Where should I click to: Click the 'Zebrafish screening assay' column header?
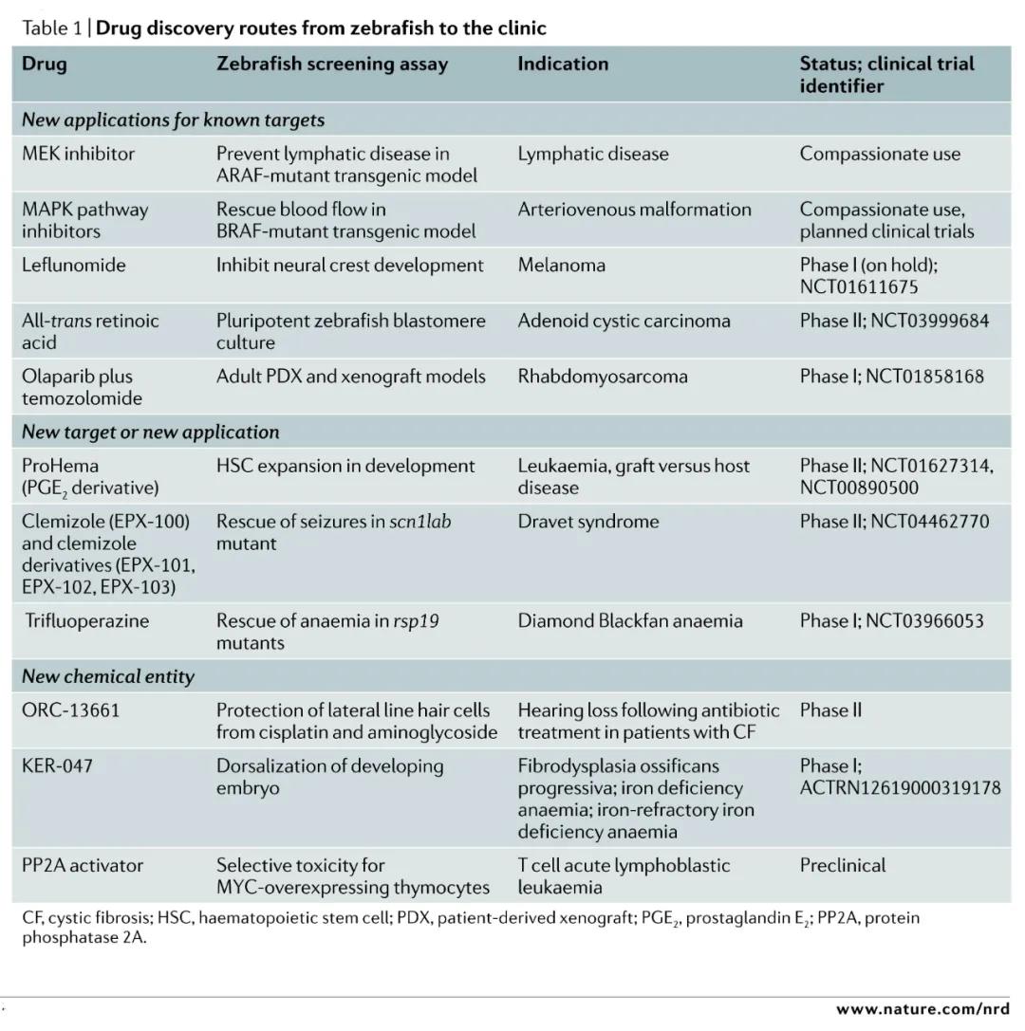[x=331, y=64]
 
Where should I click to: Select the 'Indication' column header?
[x=563, y=64]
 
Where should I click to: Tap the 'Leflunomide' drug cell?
[x=73, y=265]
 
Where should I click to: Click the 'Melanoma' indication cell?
[x=561, y=265]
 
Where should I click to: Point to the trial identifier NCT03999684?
[x=926, y=321]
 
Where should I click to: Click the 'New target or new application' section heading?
[x=150, y=433]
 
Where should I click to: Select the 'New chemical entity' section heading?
[x=107, y=676]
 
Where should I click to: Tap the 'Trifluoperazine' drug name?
[x=87, y=621]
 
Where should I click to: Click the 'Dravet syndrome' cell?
[x=587, y=522]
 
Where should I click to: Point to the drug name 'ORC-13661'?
[x=71, y=710]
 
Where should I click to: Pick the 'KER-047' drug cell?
[x=57, y=765]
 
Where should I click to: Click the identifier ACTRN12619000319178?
[x=900, y=787]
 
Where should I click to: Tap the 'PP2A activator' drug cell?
[x=83, y=865]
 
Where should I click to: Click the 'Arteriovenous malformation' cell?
[x=634, y=210]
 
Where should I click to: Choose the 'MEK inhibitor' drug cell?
[x=78, y=154]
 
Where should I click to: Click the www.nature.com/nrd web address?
[x=922, y=1008]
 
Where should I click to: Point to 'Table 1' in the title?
[x=51, y=28]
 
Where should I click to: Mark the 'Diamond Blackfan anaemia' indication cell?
[x=629, y=621]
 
